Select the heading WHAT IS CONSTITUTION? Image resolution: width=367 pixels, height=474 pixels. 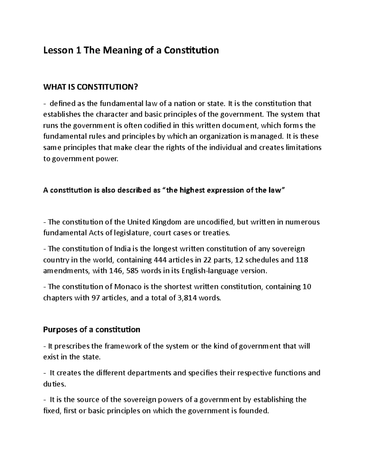click(x=91, y=88)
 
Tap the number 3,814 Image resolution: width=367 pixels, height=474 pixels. click(x=187, y=298)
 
